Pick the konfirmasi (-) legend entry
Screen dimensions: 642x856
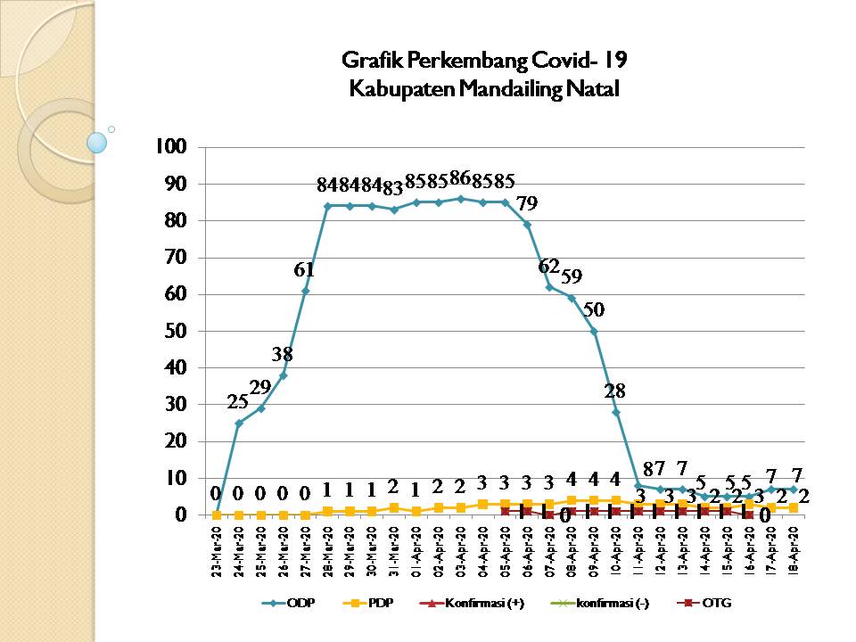pos(606,604)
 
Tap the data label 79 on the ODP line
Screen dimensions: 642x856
pos(527,205)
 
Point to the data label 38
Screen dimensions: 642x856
pos(283,354)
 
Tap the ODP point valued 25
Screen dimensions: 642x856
pos(239,423)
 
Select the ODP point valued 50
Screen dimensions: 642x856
pos(594,331)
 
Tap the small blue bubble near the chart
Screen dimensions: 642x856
pos(97,142)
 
